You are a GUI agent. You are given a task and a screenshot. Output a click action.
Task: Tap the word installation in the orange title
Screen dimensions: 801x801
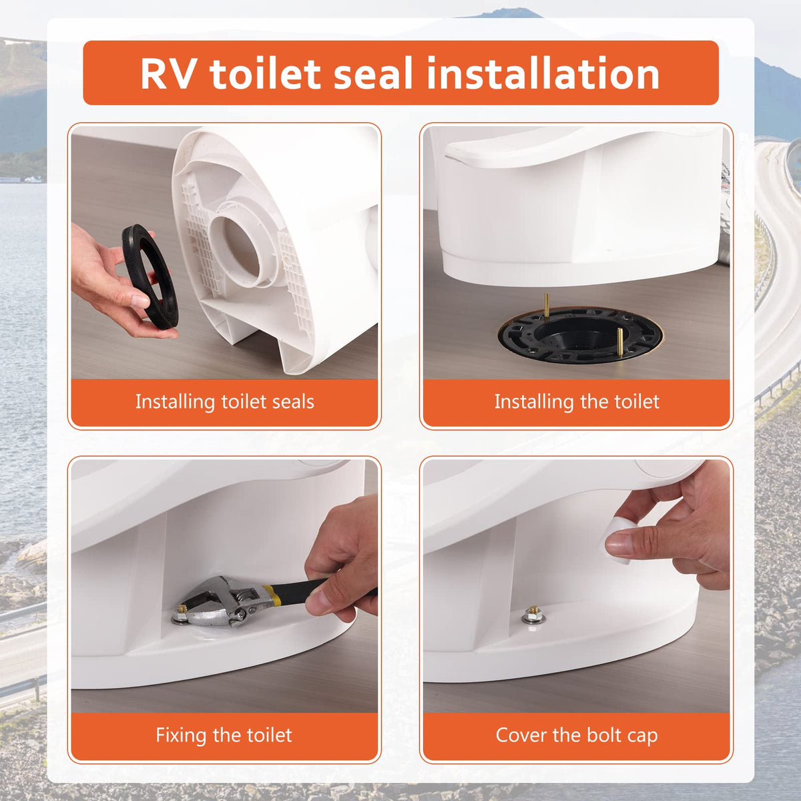(543, 73)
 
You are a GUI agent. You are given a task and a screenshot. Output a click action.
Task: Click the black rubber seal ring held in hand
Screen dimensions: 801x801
(150, 277)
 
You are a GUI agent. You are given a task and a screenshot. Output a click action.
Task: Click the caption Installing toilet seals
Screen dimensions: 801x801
(224, 402)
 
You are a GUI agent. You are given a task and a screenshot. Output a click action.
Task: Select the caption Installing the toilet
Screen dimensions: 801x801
(577, 402)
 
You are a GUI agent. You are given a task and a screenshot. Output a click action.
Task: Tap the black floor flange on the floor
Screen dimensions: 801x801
(580, 335)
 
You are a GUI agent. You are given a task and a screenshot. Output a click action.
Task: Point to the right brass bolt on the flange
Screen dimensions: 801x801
(619, 342)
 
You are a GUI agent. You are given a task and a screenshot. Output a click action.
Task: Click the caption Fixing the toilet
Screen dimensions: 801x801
(224, 735)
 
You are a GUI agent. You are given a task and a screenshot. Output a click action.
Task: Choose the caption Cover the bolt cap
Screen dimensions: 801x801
(577, 736)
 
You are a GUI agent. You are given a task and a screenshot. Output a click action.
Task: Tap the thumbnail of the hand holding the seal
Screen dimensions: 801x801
(140, 300)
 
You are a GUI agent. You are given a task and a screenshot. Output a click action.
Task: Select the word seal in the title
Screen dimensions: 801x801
(373, 73)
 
